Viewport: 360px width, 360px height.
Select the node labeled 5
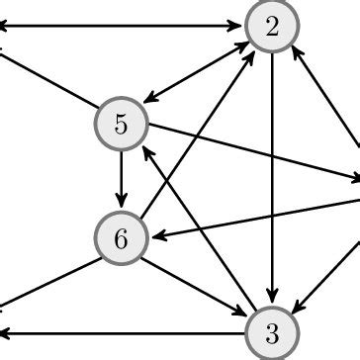pos(121,125)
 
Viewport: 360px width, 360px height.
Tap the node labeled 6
pos(121,237)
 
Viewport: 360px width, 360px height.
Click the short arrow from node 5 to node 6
pos(121,181)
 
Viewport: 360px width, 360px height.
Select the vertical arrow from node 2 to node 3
pos(271,178)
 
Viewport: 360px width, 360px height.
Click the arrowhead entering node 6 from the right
pos(156,234)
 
